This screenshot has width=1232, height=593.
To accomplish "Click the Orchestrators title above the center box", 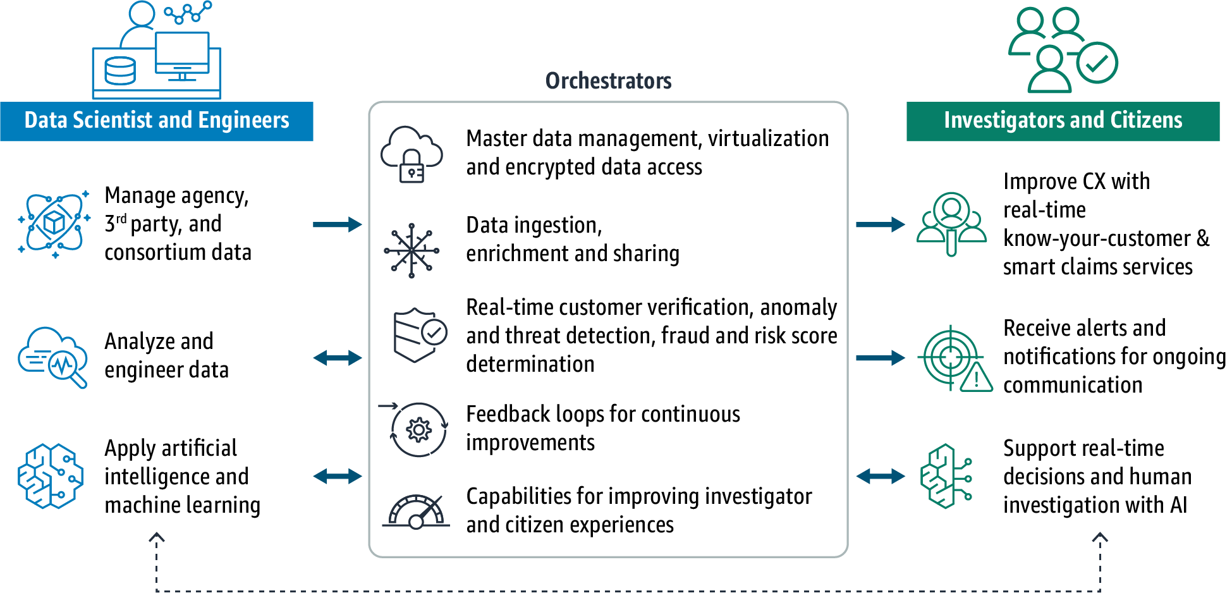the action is click(608, 81).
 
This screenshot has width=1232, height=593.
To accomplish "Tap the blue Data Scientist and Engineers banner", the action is click(157, 121).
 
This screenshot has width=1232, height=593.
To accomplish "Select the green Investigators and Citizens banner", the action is click(1063, 121).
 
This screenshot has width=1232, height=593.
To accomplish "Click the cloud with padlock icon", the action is click(412, 154).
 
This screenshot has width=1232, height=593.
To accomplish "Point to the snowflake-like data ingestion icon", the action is click(412, 250).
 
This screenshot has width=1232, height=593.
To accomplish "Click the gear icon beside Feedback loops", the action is click(418, 430).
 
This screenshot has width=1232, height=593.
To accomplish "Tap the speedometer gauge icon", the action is click(416, 512).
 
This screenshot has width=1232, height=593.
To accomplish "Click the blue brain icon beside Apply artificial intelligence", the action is click(51, 476).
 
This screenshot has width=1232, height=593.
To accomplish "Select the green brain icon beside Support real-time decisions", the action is click(946, 476).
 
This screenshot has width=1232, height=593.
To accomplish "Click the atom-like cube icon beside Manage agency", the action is click(54, 224).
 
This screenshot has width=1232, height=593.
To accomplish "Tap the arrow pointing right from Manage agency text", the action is click(338, 224).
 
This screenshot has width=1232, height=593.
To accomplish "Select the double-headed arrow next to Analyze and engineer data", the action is click(338, 358).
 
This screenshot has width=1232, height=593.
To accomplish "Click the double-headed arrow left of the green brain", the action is click(881, 476).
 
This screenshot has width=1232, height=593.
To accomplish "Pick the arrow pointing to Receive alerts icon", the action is click(881, 358).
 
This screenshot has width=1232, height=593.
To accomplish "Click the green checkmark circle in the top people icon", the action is click(1097, 63).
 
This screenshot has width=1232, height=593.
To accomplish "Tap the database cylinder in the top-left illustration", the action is click(119, 71).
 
